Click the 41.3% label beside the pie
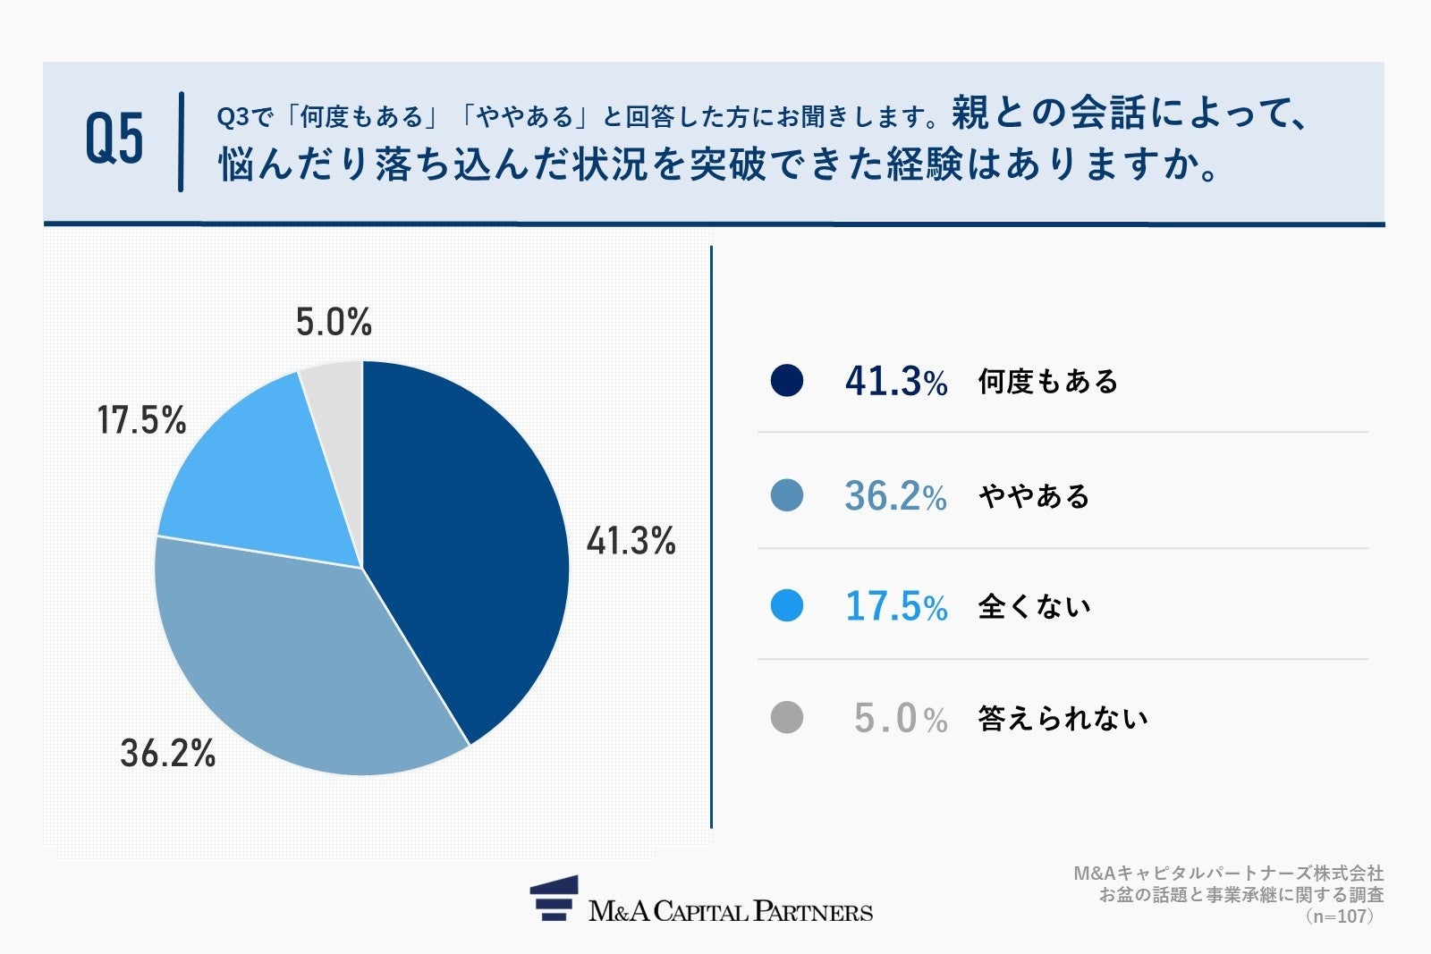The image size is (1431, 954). point(631,541)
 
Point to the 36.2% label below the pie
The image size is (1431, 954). point(168,754)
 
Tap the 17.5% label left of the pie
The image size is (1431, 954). point(141,420)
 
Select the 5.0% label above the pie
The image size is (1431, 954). point(334,322)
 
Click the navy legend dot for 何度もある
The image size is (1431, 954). point(787,381)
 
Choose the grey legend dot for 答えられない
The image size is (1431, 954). point(787,717)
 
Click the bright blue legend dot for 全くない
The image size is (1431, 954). point(787,606)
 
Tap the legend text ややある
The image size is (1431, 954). point(1034,496)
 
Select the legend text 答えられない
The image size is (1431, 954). point(1063,718)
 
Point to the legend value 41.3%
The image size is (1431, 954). point(895,382)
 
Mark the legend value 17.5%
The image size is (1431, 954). point(895,607)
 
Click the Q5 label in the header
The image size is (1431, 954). point(114,140)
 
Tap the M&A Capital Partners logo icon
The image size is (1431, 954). point(555,899)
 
